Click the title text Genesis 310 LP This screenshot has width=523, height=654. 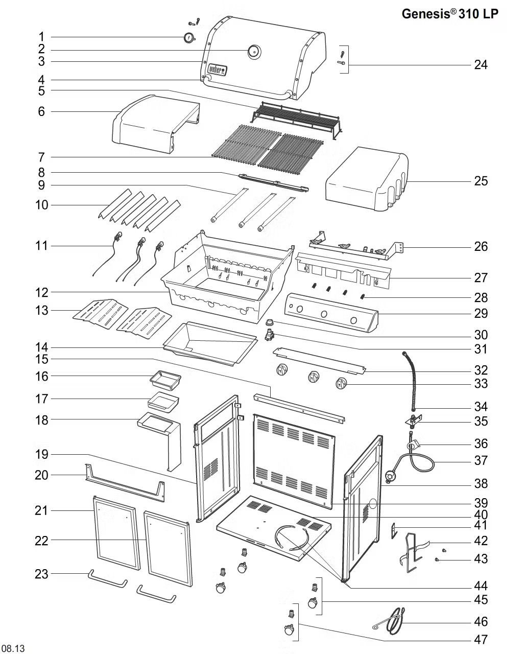(x=449, y=14)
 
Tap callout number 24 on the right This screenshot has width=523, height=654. (x=481, y=65)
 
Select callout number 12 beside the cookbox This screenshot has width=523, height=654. (x=41, y=293)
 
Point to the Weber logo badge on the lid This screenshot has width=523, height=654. (x=217, y=69)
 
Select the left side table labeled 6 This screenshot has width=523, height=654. (x=153, y=123)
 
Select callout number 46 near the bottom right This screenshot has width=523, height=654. (x=481, y=622)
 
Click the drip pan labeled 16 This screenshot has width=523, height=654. (x=165, y=380)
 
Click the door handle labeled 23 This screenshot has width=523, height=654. (x=107, y=579)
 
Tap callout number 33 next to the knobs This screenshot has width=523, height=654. (x=481, y=384)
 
